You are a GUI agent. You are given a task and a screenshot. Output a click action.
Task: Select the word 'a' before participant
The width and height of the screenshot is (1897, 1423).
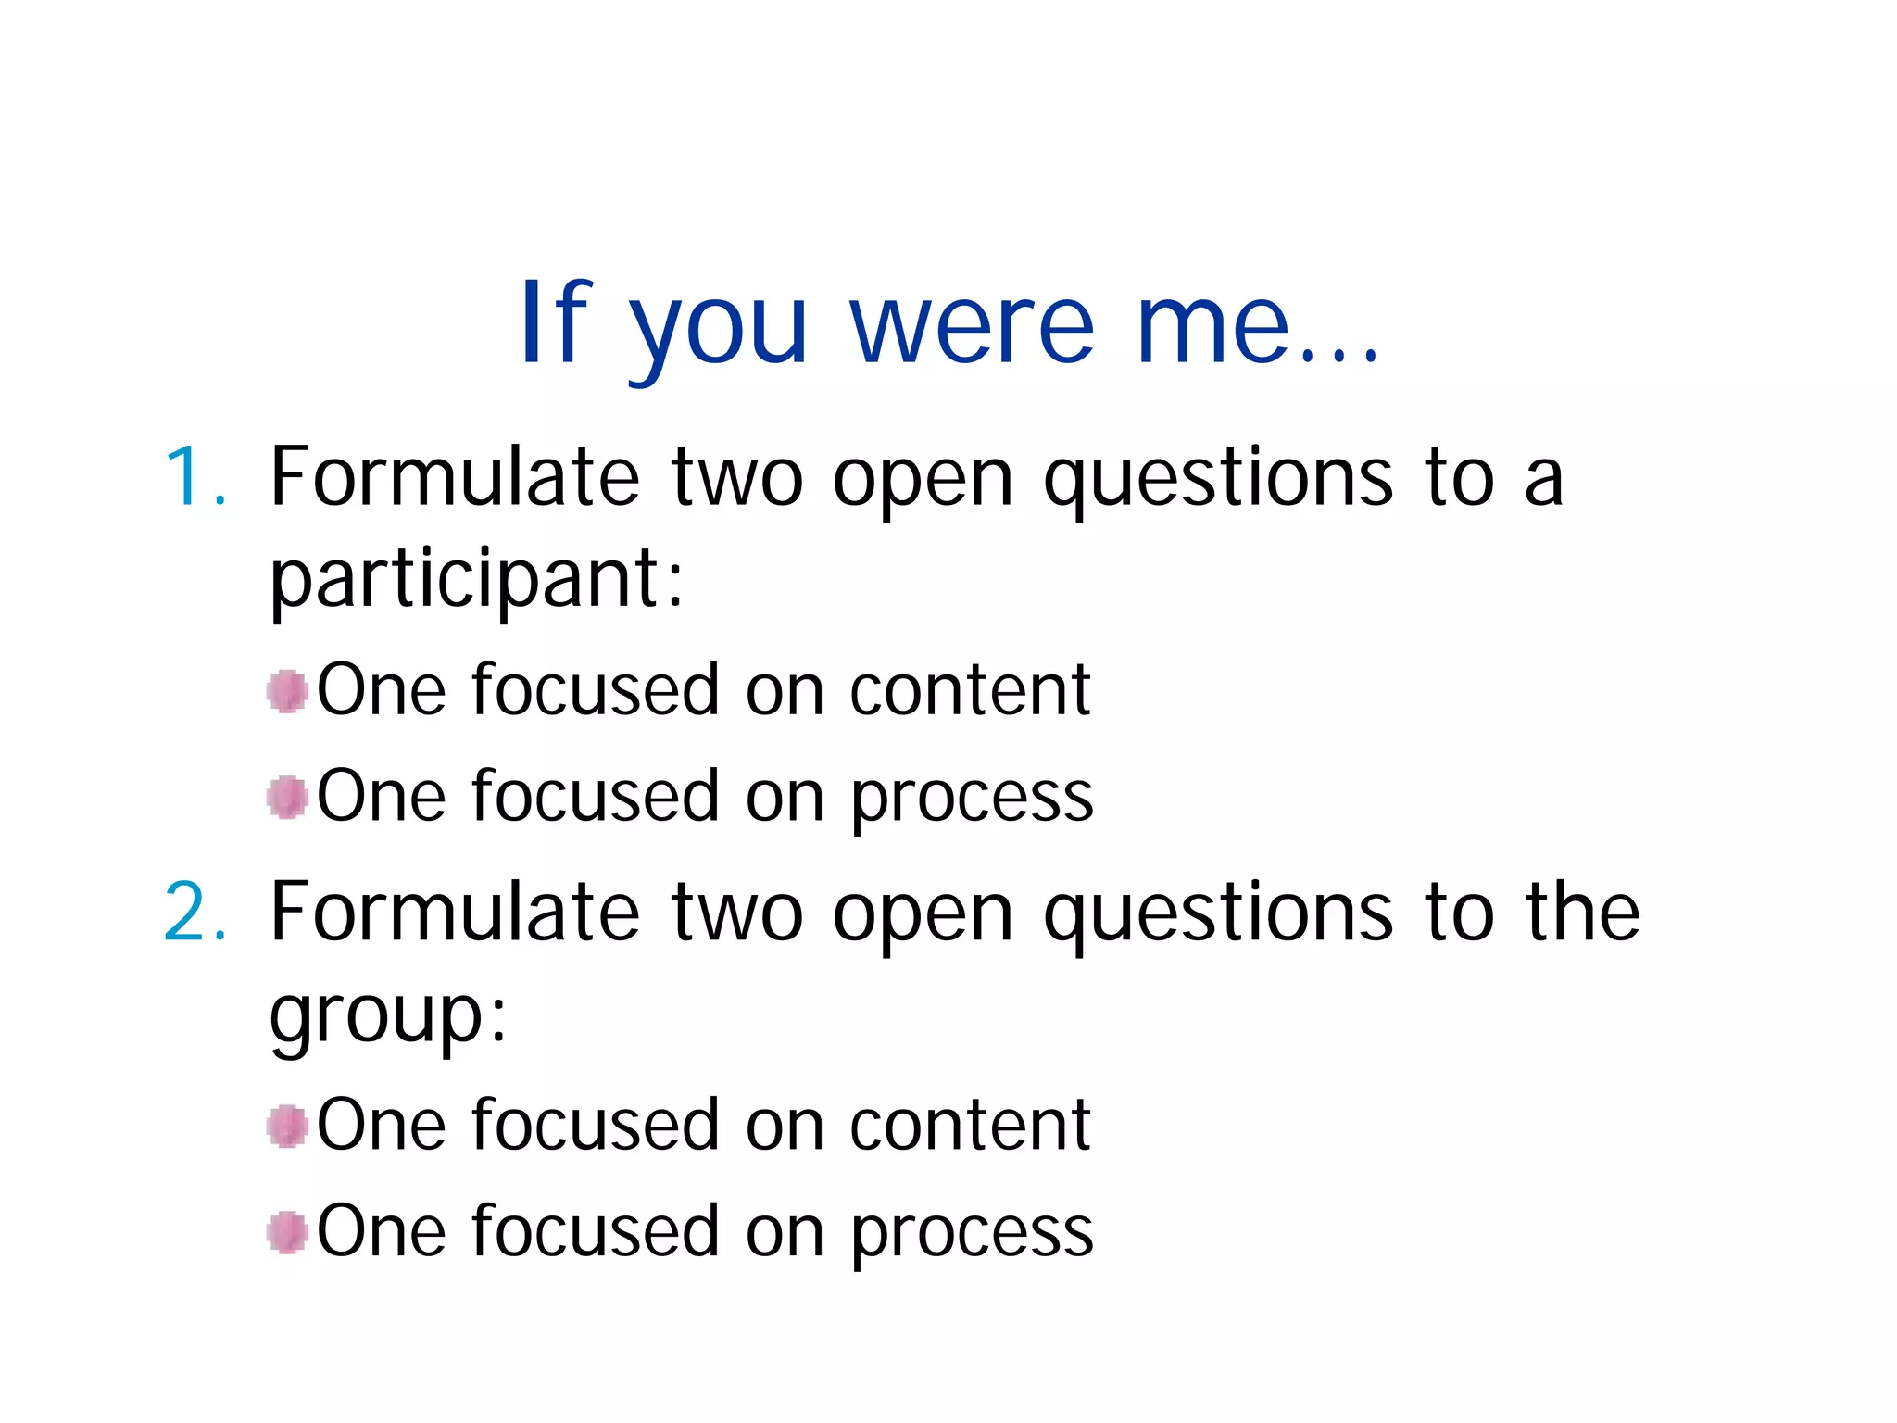(1543, 480)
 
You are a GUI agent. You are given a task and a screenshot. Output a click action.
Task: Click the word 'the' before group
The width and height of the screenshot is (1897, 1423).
(1583, 913)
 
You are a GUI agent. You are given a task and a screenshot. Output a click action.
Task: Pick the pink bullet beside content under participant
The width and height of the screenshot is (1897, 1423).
(287, 691)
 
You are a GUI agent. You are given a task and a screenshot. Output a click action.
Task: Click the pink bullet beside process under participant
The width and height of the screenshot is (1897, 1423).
(287, 797)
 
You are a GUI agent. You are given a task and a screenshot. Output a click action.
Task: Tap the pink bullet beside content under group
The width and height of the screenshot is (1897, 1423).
(287, 1126)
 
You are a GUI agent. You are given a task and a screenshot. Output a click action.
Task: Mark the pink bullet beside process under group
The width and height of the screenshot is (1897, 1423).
(287, 1232)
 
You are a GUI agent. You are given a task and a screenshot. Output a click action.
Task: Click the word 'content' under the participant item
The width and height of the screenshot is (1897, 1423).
(970, 691)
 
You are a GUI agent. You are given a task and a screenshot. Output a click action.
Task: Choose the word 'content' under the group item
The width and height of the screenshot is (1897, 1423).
(970, 1126)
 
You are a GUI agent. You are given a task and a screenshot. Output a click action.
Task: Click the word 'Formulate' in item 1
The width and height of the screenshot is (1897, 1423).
(455, 477)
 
